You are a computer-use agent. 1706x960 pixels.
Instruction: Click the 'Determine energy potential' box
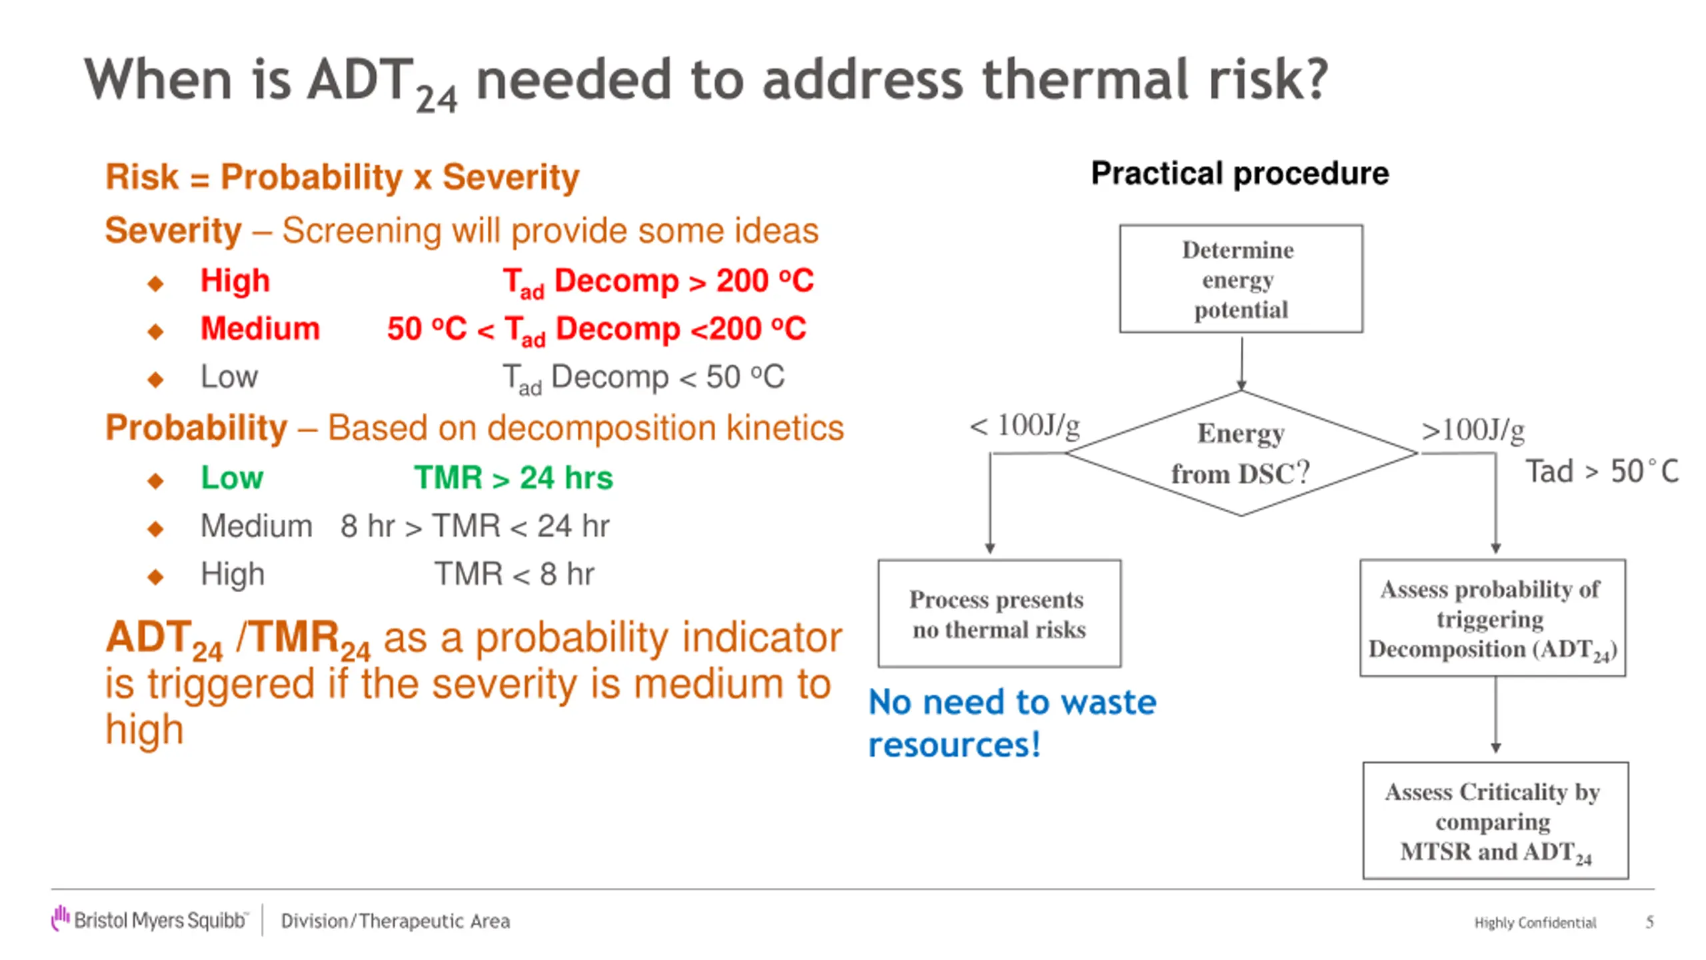coord(1241,279)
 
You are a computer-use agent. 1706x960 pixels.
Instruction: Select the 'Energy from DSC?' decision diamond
coord(1242,453)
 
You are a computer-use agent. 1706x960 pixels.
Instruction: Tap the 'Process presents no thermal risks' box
coord(1000,613)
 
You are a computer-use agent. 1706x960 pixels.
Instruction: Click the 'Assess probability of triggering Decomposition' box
coord(1493,618)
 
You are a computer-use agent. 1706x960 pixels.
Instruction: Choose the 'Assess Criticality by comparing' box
coord(1495,821)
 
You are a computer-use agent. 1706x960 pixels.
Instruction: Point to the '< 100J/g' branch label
coord(1025,425)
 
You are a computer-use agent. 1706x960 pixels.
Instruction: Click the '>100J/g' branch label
coord(1473,430)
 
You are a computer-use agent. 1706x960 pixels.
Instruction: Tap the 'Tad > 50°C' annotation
coord(1602,471)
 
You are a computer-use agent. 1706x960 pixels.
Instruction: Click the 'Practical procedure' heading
coord(1240,174)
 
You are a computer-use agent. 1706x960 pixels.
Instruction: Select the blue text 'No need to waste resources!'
coord(1012,723)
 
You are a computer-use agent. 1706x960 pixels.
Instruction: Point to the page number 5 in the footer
coord(1649,922)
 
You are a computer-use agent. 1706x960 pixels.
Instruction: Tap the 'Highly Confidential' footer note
coord(1535,923)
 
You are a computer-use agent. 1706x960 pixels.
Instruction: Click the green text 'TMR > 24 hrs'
coord(513,477)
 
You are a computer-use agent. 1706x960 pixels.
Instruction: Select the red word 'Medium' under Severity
coord(261,329)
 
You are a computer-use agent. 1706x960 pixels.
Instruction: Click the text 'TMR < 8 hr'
coord(514,574)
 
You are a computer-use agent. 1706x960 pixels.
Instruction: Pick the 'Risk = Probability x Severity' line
coord(343,177)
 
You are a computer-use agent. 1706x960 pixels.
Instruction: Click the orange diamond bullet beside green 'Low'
coord(156,481)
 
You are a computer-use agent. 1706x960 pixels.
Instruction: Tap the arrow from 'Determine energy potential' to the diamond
coord(1242,363)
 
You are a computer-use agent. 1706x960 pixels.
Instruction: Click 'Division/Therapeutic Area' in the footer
coord(395,921)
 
